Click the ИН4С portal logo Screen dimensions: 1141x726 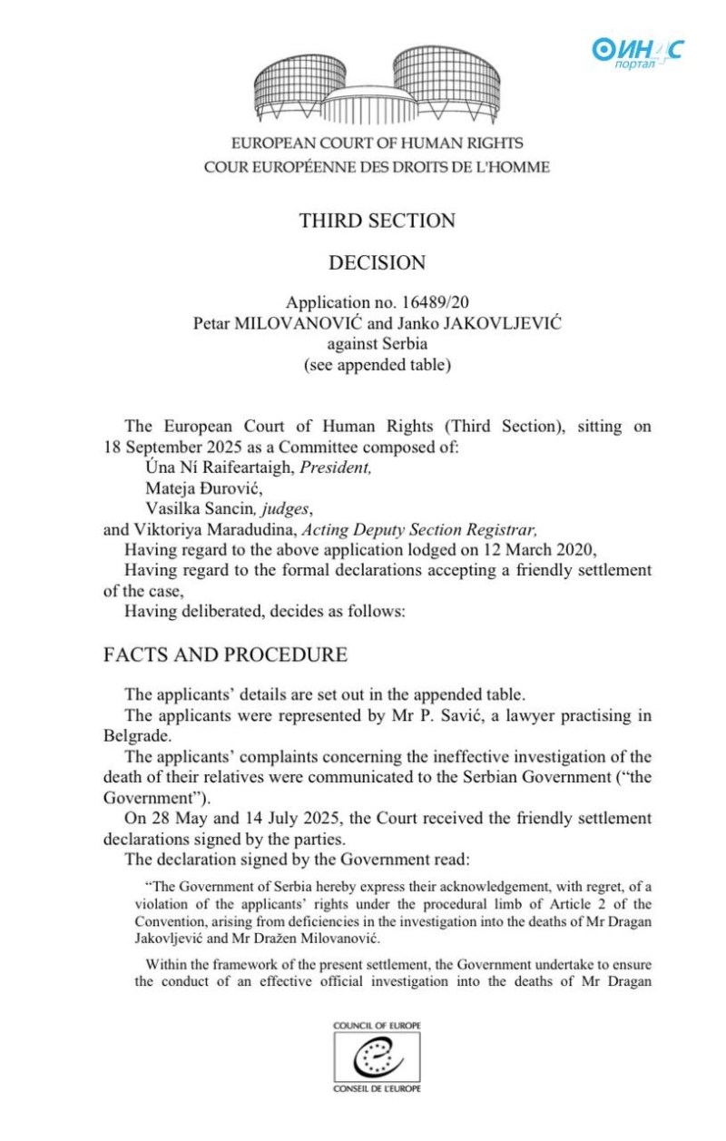(637, 51)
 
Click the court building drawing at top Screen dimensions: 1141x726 (377, 85)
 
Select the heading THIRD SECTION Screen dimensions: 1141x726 (377, 221)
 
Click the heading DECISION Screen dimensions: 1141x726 (377, 263)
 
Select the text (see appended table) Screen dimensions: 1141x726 (377, 367)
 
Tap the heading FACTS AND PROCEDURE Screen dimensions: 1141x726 (225, 654)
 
